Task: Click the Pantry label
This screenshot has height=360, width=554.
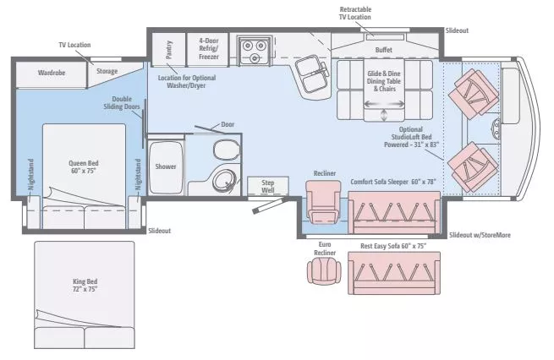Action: [x=169, y=47]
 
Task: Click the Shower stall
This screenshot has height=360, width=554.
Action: [x=166, y=166]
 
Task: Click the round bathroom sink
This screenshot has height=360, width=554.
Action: [x=225, y=180]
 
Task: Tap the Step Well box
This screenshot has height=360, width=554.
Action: [x=267, y=186]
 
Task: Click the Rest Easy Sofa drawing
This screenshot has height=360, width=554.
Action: [x=394, y=272]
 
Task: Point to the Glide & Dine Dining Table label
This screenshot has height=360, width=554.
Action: [x=383, y=80]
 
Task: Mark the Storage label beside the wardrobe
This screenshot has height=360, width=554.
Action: [x=107, y=72]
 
